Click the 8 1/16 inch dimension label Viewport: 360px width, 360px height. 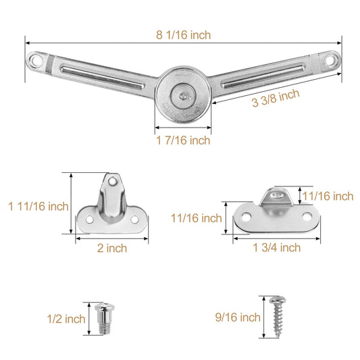pos(183,35)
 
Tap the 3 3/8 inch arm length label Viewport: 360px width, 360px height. pos(276,98)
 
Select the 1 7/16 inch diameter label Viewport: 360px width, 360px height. pos(183,140)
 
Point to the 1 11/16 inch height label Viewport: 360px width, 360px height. pos(38,206)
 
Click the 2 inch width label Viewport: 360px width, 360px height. pos(112,248)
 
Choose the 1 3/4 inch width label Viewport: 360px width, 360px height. pos(277,248)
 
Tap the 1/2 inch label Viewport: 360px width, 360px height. pos(66,319)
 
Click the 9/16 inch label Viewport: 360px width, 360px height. pos(238,317)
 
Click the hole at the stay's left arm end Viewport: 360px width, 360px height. pos(36,61)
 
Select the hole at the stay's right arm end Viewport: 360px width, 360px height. pos(330,60)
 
